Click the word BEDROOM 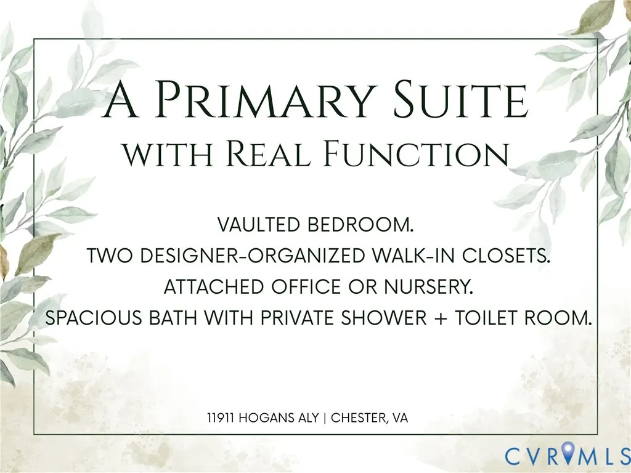tap(360, 224)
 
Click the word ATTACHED tap(213, 287)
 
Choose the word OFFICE tap(306, 287)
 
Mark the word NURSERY tap(428, 287)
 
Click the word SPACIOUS tap(94, 318)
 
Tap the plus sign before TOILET tap(441, 318)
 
